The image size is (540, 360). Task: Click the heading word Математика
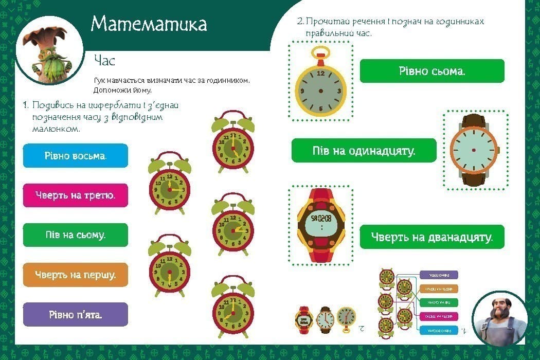[149, 24]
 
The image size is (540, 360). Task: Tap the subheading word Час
[104, 61]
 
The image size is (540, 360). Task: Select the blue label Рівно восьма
[76, 155]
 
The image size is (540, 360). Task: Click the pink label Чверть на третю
[76, 195]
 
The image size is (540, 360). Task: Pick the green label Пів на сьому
[76, 235]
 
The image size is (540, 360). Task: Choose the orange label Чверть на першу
[76, 275]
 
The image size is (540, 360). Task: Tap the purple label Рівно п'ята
[76, 314]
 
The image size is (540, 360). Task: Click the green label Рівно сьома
[432, 71]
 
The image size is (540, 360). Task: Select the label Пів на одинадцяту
[364, 151]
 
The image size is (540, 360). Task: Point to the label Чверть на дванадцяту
[432, 237]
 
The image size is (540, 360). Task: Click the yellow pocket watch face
[320, 91]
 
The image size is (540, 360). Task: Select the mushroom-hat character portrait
[49, 51]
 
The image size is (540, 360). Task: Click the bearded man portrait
[499, 317]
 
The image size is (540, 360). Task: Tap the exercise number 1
[25, 105]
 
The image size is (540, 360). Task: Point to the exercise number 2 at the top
[300, 22]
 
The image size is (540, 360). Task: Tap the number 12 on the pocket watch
[321, 74]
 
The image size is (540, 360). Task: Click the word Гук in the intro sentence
[100, 81]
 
